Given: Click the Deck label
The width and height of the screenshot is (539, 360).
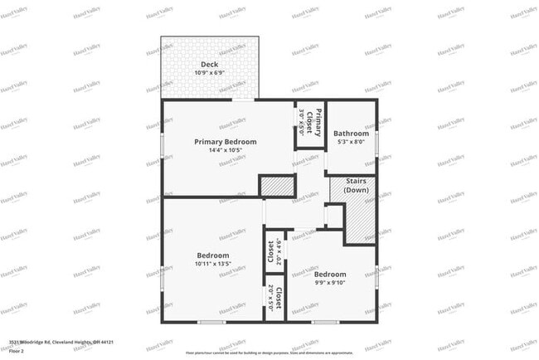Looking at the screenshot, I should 210,64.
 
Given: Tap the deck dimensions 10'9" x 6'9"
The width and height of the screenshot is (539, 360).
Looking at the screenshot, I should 210,73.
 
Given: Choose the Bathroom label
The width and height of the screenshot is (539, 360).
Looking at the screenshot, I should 351,134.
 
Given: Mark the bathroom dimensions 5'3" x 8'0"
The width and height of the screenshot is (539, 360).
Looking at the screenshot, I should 351,142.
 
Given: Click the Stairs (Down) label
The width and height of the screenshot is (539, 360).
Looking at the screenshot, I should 356,185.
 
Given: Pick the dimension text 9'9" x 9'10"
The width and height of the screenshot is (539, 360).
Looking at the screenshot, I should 330,283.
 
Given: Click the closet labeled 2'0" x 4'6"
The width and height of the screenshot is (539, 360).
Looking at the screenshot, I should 270,251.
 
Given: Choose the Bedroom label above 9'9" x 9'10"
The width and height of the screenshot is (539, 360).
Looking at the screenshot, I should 330,274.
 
